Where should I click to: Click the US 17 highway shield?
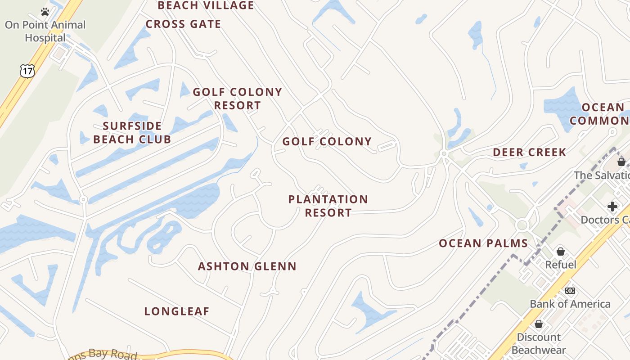(27, 71)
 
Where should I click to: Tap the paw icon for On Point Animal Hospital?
(45, 12)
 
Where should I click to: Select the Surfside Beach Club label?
(132, 132)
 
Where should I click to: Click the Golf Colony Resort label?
(238, 99)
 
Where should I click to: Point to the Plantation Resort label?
(328, 206)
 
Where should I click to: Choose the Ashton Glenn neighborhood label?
(247, 266)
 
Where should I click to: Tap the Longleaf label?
(177, 311)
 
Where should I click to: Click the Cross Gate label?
(183, 24)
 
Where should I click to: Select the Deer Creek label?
(529, 153)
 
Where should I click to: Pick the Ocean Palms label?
(483, 243)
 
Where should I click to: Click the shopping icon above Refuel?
(561, 251)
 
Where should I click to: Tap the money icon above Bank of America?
(570, 291)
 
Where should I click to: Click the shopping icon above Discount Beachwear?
(539, 324)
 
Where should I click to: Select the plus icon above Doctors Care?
(612, 207)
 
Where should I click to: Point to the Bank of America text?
(570, 304)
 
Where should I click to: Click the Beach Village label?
(206, 5)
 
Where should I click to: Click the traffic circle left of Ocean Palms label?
(522, 225)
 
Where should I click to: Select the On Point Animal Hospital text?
(45, 31)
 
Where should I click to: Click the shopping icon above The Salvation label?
(621, 162)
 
